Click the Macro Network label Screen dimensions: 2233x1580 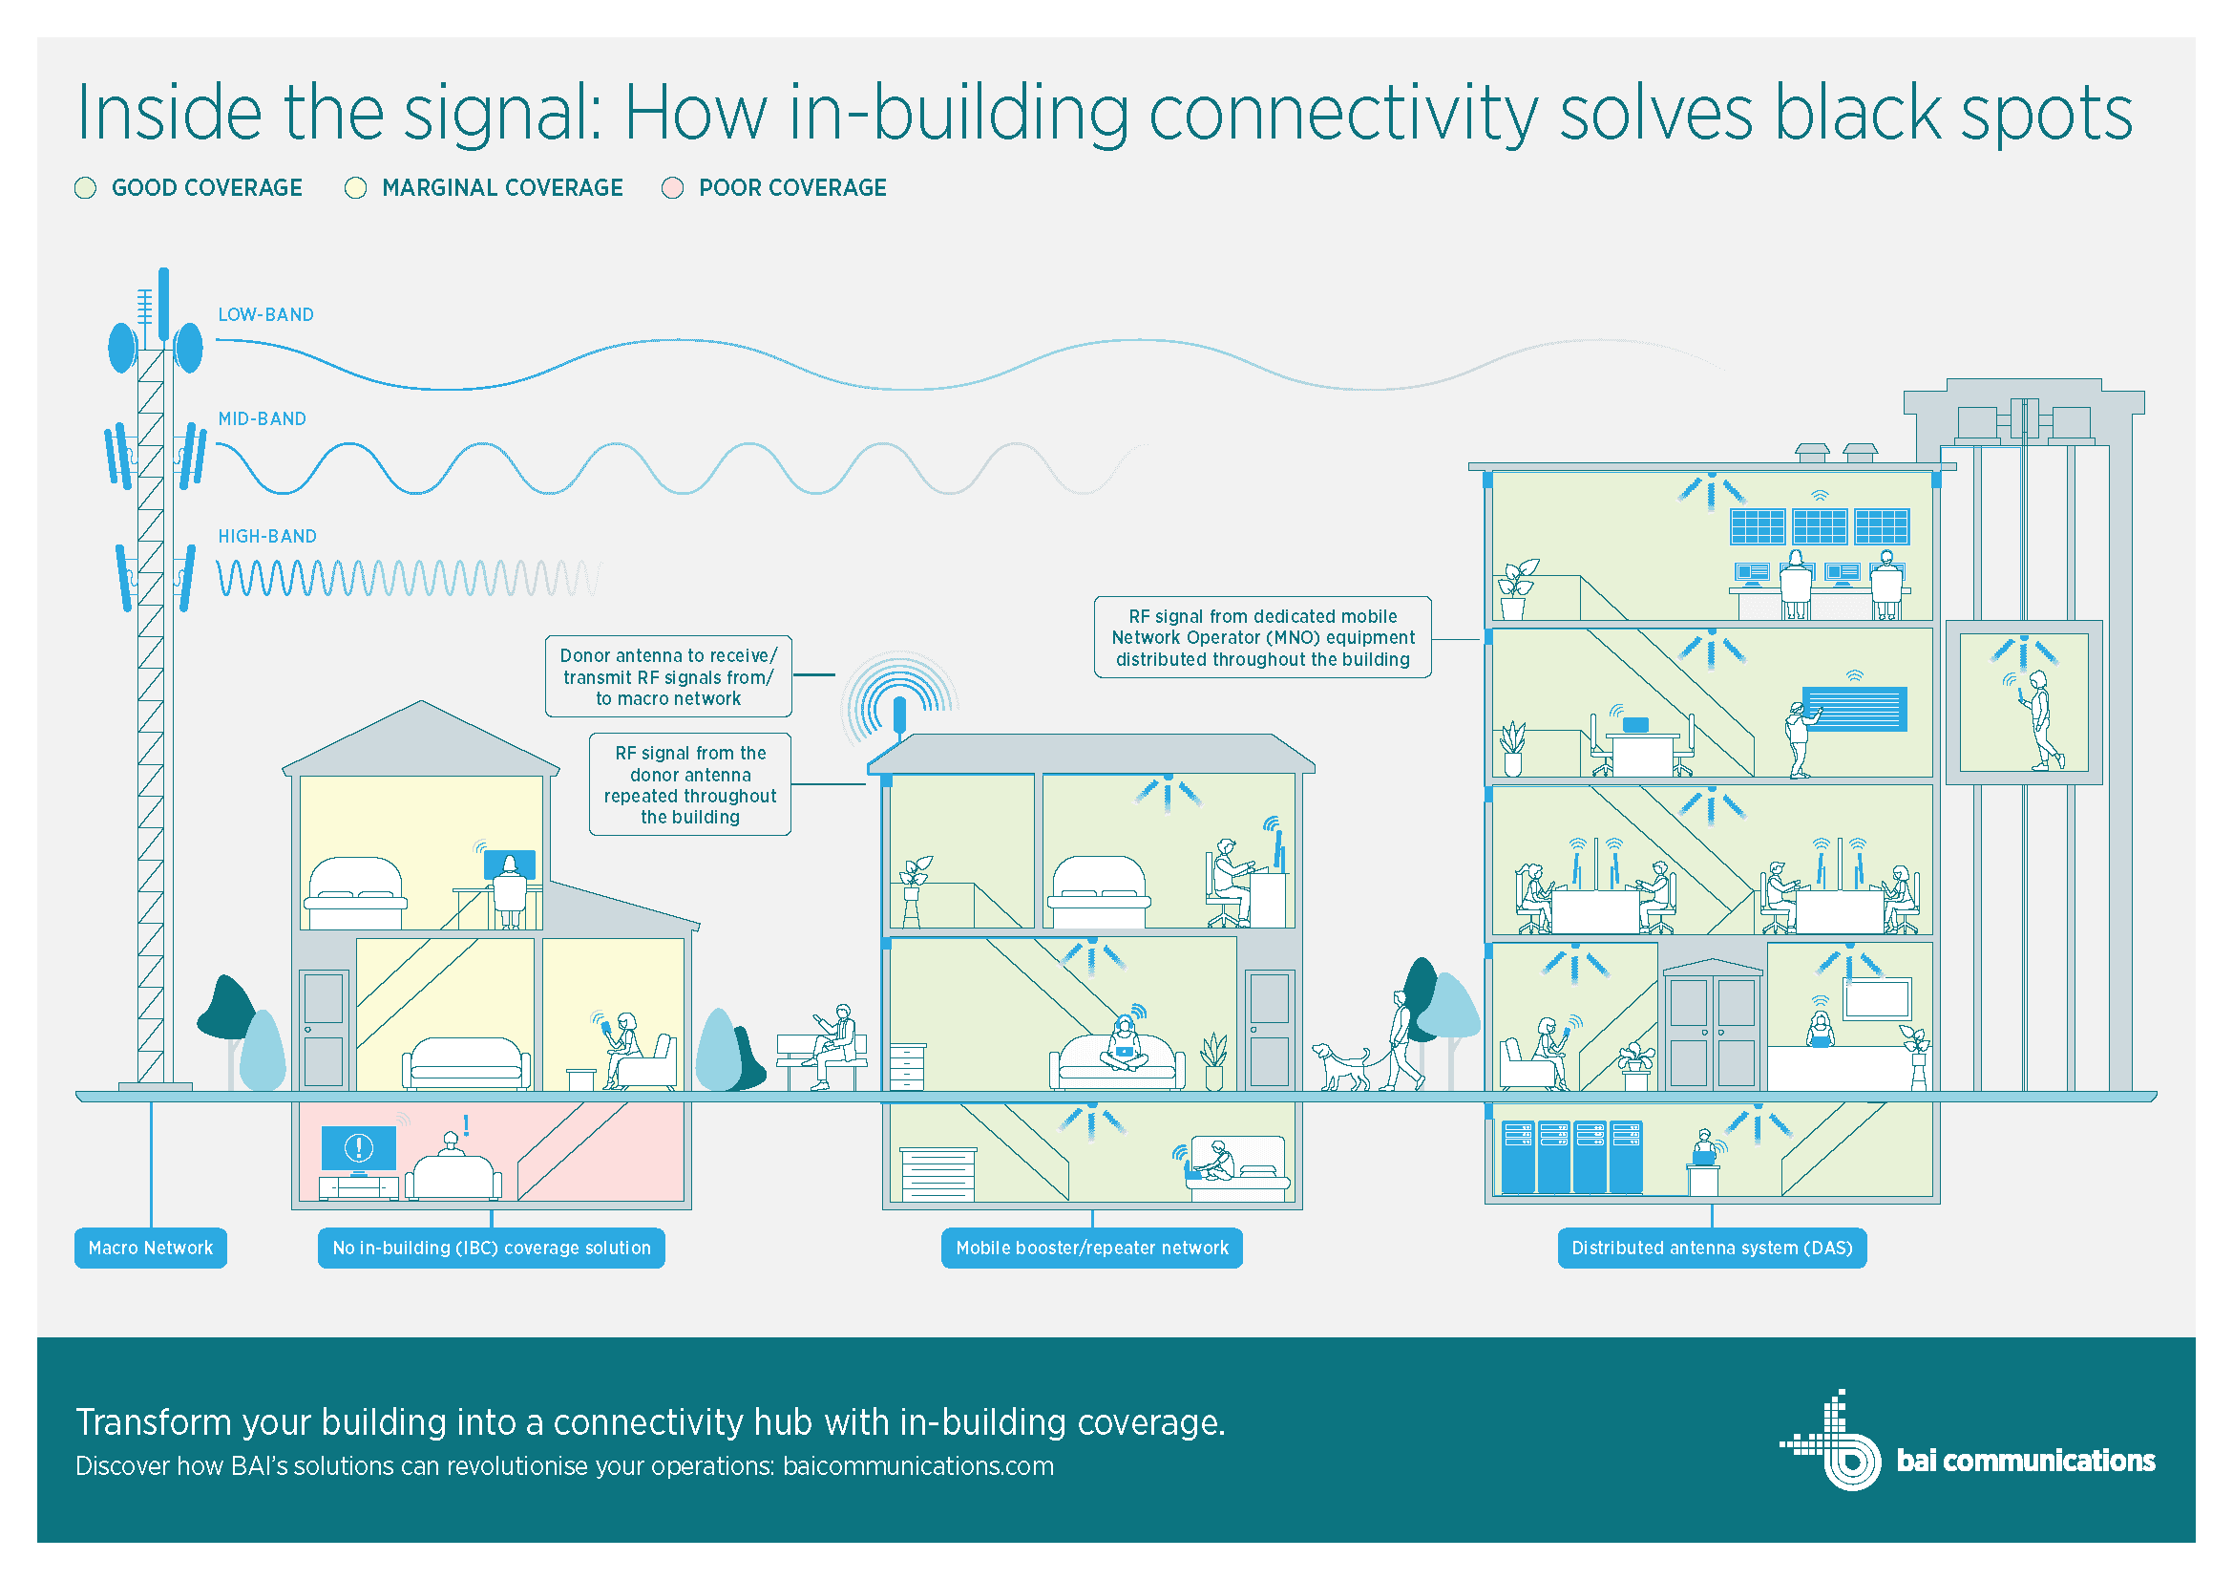coord(151,1248)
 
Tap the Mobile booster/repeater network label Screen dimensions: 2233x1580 coord(1091,1248)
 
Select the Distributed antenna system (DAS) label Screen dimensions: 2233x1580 coord(1712,1248)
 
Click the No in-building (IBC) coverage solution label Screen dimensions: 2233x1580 coord(491,1248)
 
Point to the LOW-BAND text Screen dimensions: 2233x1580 coord(265,314)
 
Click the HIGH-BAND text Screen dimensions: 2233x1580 coord(267,536)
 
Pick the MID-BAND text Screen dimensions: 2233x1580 coord(262,418)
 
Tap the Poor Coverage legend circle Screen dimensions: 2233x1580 coord(672,188)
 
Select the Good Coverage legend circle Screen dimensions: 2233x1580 coord(86,188)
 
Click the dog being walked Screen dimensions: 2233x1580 coord(1340,1066)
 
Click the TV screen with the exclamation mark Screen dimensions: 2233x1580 coord(359,1149)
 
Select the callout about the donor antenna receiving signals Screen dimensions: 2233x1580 coord(668,677)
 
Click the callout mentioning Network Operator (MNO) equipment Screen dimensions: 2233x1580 coord(1262,637)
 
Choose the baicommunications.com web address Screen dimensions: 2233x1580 coord(918,1466)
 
